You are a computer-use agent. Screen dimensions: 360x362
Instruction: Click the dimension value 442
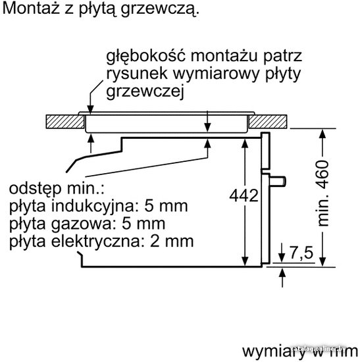click(x=244, y=196)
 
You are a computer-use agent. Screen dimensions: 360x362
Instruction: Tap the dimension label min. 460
click(x=323, y=193)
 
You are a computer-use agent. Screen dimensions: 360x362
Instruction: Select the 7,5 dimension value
click(x=302, y=253)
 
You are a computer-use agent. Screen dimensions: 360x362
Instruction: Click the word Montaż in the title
click(x=31, y=9)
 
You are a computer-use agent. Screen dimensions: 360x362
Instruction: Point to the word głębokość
click(x=146, y=56)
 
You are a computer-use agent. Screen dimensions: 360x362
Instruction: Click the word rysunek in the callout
click(x=137, y=74)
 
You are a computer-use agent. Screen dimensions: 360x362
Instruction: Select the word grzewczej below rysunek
click(x=145, y=91)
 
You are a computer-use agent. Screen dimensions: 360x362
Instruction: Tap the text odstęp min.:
click(x=57, y=189)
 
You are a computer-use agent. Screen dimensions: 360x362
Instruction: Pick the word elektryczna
click(x=95, y=242)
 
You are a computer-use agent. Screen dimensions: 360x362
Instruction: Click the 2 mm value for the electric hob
click(x=172, y=242)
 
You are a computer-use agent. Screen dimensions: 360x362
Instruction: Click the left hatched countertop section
click(x=65, y=122)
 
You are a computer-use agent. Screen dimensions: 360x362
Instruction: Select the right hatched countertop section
click(x=268, y=122)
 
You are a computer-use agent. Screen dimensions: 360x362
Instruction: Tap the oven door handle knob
click(x=278, y=181)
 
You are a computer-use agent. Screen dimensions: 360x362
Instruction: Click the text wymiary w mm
click(x=300, y=352)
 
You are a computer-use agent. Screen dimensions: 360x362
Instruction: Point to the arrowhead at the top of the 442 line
click(x=245, y=143)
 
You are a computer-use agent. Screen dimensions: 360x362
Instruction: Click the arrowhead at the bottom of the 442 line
click(x=245, y=261)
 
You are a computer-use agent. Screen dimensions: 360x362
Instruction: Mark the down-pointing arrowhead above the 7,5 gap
click(x=282, y=257)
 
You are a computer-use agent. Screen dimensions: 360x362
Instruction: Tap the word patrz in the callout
click(x=282, y=57)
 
